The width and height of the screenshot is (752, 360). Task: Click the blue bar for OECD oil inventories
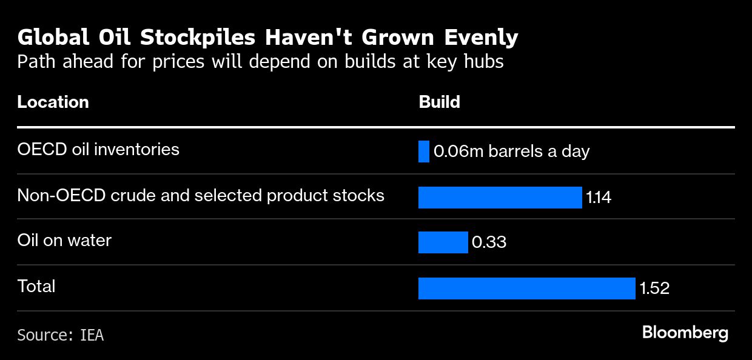click(x=424, y=152)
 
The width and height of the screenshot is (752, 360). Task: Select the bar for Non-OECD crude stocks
click(x=500, y=198)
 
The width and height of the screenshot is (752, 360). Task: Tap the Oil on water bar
click(x=443, y=242)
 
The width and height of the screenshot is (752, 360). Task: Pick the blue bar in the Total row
click(x=526, y=288)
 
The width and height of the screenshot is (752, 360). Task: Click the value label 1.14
click(x=599, y=197)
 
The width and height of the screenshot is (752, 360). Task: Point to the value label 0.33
click(x=489, y=242)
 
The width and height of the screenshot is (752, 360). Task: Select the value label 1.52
click(x=654, y=288)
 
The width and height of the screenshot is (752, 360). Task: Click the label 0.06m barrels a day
click(x=512, y=151)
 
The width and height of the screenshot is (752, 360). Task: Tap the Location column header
click(x=53, y=102)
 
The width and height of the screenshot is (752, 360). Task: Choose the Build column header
click(x=439, y=102)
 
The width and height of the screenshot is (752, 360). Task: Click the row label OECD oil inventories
click(x=98, y=149)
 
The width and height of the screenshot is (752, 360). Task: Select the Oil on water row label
click(x=64, y=240)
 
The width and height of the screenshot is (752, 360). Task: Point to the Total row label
click(x=36, y=286)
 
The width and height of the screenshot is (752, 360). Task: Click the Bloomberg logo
click(x=685, y=333)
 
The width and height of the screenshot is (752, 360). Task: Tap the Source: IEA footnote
click(x=60, y=335)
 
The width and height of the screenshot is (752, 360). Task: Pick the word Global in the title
click(x=54, y=38)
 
